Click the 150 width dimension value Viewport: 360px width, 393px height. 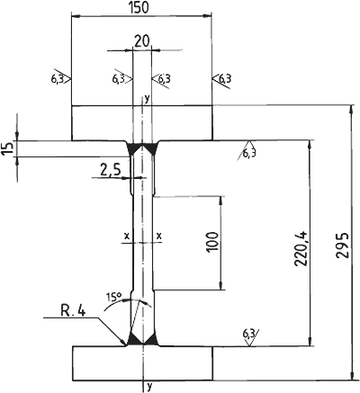139,7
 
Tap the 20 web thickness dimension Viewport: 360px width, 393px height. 141,41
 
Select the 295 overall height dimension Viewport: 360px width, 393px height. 343,245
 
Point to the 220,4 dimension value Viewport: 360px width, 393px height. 301,248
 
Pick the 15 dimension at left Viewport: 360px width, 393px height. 7,148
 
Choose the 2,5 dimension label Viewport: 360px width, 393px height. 110,170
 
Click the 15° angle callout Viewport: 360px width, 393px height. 113,297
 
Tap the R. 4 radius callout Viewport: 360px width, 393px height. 74,311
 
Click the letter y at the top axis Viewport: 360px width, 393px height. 147,98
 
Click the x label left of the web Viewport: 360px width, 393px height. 127,236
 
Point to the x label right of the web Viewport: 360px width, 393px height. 159,236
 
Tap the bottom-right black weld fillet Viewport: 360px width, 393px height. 152,340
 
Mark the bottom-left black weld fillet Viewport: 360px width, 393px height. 134,339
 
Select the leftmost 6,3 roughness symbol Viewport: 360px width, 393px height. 60,79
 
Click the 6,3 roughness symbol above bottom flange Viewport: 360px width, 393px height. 250,336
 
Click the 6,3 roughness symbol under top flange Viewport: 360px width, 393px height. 247,150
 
